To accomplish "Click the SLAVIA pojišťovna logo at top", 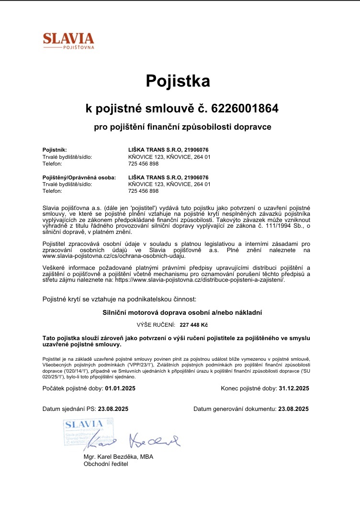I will [x=68, y=40].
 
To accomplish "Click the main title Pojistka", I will [x=178, y=80].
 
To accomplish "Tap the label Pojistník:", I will [x=55, y=150].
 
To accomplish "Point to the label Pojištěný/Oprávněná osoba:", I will [x=79, y=177].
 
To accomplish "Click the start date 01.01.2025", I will [x=120, y=388].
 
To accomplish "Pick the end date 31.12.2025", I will [x=293, y=388].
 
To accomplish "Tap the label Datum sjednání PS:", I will [x=69, y=409].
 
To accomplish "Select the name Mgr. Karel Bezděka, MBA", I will [x=118, y=456].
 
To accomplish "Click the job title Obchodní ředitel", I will [x=106, y=464].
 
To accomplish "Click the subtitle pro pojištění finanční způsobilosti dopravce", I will [x=182, y=127].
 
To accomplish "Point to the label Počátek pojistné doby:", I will [x=73, y=388].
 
